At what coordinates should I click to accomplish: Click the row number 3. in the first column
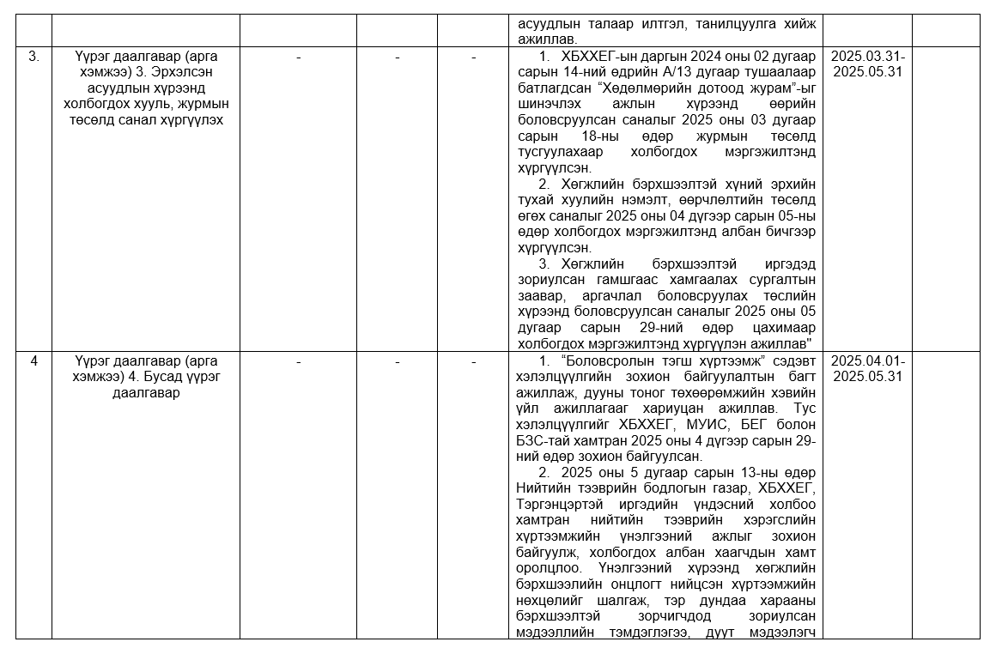[33, 57]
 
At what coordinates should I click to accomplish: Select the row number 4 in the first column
[33, 361]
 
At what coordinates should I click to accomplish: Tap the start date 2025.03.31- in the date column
[868, 57]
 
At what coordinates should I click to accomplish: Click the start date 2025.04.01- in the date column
[868, 361]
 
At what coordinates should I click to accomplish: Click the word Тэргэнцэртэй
[559, 504]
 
